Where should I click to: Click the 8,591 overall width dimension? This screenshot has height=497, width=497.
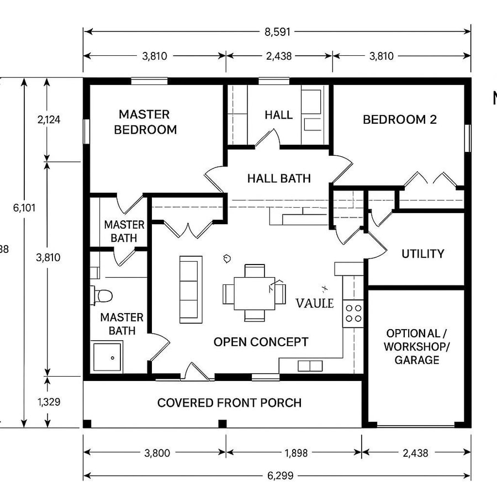(277, 32)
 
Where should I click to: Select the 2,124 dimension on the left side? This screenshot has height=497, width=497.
(49, 119)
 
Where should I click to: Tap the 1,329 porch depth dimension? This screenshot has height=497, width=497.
(49, 401)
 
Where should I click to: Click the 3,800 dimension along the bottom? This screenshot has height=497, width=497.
(157, 453)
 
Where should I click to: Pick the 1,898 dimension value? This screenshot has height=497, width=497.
(294, 453)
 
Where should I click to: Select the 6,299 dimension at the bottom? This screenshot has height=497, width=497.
(277, 475)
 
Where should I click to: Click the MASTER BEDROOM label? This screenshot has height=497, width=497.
(145, 122)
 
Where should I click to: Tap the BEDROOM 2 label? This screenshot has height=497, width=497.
(399, 119)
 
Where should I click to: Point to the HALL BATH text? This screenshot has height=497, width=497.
(279, 178)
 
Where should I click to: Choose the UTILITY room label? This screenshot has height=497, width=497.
(422, 254)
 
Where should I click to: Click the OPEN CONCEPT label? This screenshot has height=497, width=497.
(261, 342)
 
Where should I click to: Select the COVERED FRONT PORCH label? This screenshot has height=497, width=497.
(229, 403)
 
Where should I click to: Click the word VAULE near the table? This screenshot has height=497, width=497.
(315, 303)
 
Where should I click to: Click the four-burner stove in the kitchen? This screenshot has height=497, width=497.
(353, 313)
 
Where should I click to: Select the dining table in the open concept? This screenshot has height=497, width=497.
(255, 293)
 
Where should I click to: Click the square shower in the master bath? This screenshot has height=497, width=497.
(107, 357)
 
